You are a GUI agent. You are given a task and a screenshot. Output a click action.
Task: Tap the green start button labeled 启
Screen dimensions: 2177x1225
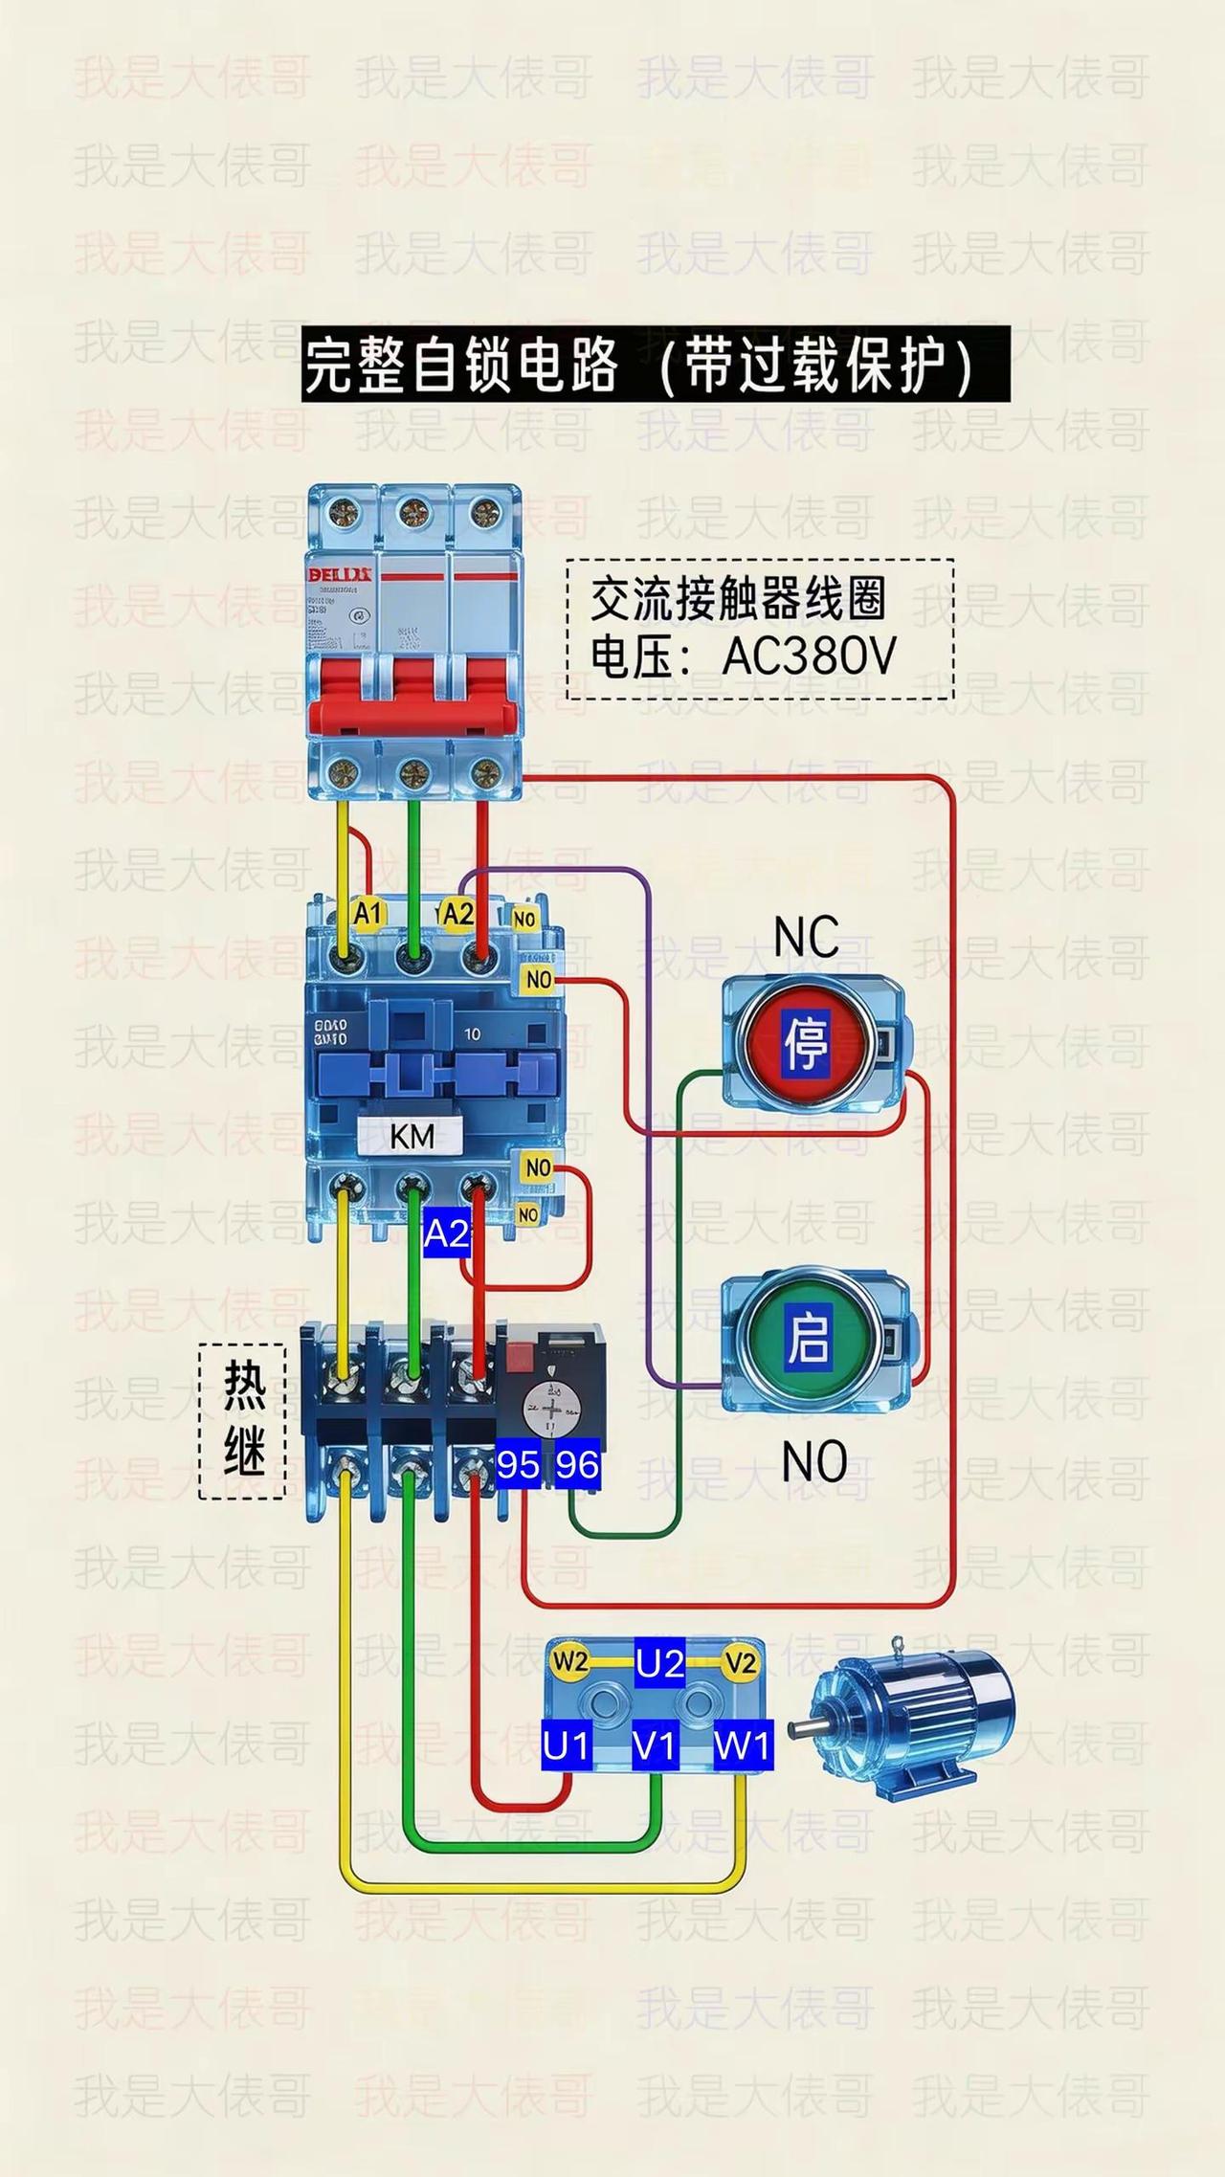pyautogui.click(x=807, y=1338)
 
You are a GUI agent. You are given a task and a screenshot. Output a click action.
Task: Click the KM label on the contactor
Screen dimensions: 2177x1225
pyautogui.click(x=412, y=1136)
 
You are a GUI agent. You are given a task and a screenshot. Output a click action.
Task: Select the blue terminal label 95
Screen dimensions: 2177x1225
pyautogui.click(x=518, y=1465)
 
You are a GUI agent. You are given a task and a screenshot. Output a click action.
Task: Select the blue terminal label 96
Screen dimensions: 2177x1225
pyautogui.click(x=577, y=1465)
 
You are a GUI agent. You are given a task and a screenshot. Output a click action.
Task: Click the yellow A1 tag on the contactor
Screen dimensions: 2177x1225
pyautogui.click(x=367, y=913)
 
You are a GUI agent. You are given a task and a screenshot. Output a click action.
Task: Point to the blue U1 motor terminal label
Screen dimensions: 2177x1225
pyautogui.click(x=566, y=1746)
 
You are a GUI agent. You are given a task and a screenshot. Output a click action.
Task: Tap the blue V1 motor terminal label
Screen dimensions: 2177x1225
pyautogui.click(x=655, y=1746)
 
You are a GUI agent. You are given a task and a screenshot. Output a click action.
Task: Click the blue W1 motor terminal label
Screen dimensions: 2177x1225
pyautogui.click(x=742, y=1746)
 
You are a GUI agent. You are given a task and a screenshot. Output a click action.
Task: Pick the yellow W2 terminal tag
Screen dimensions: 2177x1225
pyautogui.click(x=569, y=1662)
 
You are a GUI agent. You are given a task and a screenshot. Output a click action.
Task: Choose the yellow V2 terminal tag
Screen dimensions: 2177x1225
pyautogui.click(x=740, y=1662)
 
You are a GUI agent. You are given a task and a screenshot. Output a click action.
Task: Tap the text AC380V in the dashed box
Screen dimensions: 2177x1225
pyautogui.click(x=809, y=656)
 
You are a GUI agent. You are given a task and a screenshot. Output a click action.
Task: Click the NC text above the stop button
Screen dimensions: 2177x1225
pyautogui.click(x=806, y=937)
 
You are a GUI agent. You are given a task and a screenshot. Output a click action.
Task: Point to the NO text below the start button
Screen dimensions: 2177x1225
pyautogui.click(x=813, y=1461)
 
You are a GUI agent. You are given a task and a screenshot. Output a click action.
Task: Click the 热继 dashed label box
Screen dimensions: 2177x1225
pyautogui.click(x=243, y=1420)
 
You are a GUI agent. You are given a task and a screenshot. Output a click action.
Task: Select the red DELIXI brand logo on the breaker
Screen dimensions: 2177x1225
pyautogui.click(x=341, y=573)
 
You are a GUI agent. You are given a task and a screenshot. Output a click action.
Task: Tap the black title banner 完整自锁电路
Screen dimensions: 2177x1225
pyautogui.click(x=656, y=365)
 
